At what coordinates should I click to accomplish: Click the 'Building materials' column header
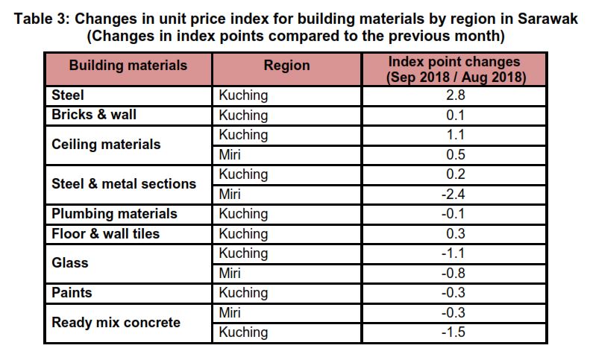pos(128,66)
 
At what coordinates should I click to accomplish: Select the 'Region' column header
pos(286,66)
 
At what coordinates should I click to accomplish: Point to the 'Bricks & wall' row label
pos(94,115)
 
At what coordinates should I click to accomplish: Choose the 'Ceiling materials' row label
pos(106,145)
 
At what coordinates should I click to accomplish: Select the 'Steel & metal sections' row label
pos(124,184)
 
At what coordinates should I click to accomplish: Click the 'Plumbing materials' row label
pos(114,214)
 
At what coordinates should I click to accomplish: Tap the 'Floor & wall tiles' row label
pos(105,233)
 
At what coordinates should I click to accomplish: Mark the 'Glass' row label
pos(70,263)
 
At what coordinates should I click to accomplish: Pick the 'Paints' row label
pos(72,293)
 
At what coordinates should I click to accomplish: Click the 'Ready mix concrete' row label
pos(116,323)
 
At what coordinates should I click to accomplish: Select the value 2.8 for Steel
pos(454,95)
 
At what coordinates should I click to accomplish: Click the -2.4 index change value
pos(454,194)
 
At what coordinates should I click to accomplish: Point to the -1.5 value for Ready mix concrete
pos(454,332)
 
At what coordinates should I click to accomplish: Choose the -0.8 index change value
pos(454,273)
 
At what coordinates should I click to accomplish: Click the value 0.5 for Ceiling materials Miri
pos(454,154)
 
